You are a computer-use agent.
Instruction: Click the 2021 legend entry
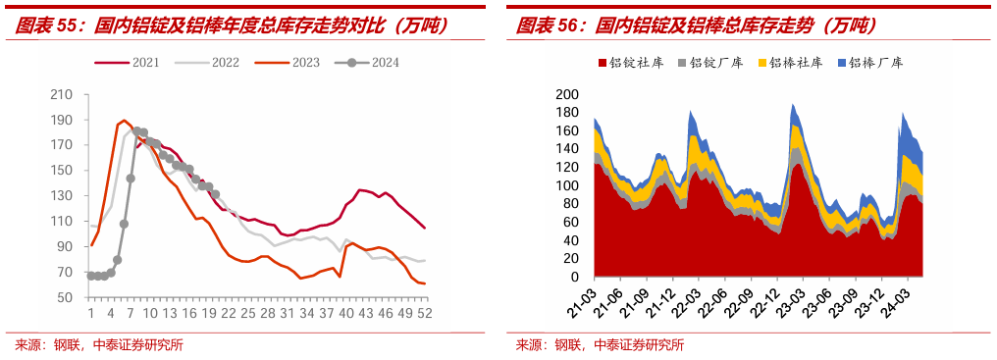(127, 63)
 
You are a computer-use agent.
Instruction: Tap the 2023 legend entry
(287, 63)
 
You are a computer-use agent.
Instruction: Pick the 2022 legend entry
(207, 63)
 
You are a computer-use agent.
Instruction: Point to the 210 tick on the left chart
(63, 95)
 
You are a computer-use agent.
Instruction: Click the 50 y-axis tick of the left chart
(66, 297)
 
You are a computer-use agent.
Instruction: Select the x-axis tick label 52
(425, 313)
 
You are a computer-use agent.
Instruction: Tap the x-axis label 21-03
(583, 297)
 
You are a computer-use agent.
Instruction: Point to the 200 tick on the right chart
(569, 95)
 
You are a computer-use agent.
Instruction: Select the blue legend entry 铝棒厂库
(870, 63)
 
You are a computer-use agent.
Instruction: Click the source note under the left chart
(99, 345)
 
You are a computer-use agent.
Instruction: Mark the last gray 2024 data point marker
(216, 194)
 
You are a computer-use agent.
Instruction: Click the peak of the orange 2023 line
(124, 121)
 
